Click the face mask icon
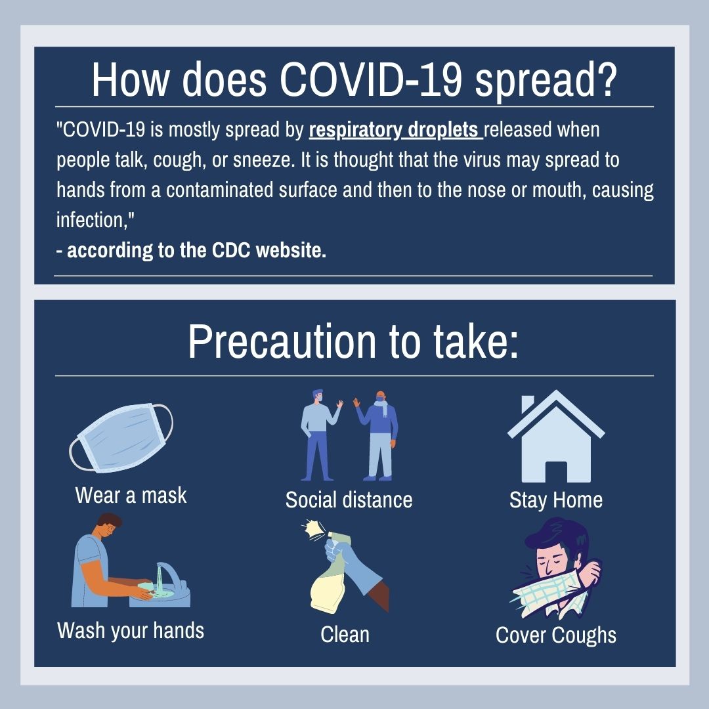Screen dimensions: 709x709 121,438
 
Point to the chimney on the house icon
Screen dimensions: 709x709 527,404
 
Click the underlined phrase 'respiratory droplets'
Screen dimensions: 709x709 396,130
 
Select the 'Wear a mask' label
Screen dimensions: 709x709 131,495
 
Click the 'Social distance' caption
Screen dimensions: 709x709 349,500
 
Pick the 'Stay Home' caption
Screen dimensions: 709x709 556,500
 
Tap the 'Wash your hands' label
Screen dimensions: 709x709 131,631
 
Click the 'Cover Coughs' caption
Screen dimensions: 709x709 556,635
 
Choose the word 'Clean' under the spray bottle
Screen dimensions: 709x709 345,634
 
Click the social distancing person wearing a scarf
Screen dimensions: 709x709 377,436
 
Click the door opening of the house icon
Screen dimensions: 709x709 556,472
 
